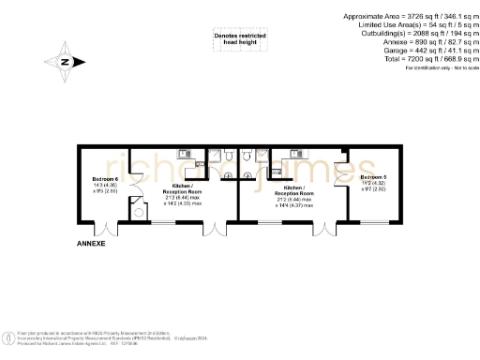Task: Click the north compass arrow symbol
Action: point(64,62)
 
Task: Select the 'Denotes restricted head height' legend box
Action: point(239,39)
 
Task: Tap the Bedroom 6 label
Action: point(104,178)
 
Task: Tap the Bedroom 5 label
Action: point(372,176)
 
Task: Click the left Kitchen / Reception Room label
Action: point(182,193)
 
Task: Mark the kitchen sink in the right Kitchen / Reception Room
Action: point(294,153)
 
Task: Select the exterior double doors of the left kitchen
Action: point(215,226)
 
